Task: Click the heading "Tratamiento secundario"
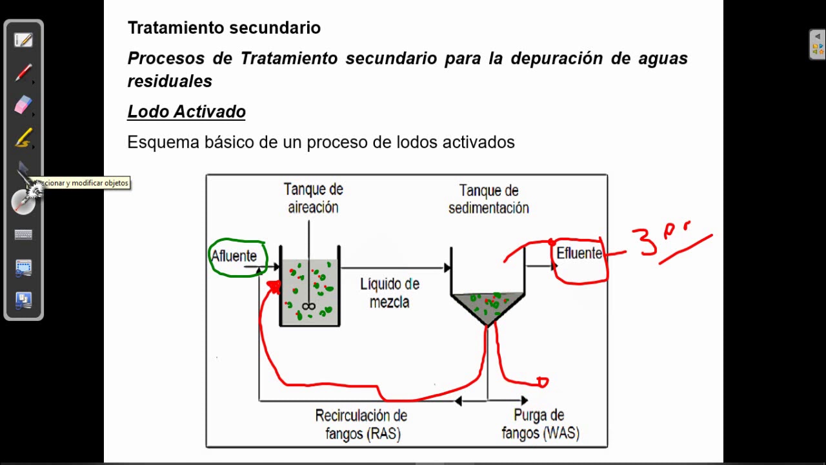(224, 28)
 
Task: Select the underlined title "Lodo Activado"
(186, 112)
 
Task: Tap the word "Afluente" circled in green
(234, 256)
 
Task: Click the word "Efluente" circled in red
(579, 254)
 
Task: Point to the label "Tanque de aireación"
(313, 198)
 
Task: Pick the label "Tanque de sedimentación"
(489, 199)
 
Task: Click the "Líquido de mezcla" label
(390, 293)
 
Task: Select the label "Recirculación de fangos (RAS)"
(361, 424)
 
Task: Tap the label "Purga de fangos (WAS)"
(540, 424)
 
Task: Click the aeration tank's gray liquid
(310, 291)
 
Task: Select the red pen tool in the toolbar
(23, 72)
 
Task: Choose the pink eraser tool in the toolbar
(23, 105)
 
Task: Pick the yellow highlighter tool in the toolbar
(23, 138)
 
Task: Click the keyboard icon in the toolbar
(23, 235)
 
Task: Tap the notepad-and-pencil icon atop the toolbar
(23, 40)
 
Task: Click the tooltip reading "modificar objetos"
(84, 183)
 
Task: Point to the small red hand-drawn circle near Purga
(542, 382)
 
